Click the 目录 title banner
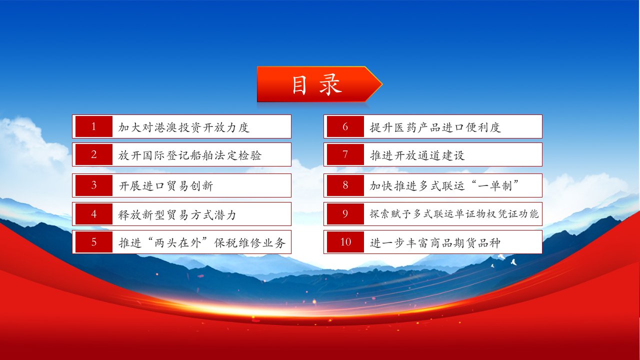tap(319, 84)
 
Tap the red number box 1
tap(93, 126)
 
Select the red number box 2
tap(93, 154)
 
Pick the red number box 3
tap(93, 185)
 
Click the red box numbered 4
tap(93, 214)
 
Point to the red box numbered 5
tap(93, 242)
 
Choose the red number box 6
tap(345, 126)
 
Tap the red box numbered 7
tap(345, 154)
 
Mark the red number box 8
tap(345, 185)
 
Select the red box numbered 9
tap(345, 214)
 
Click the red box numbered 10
tap(345, 242)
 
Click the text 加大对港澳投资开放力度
tap(184, 127)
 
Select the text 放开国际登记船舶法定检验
tap(190, 155)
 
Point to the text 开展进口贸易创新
tap(166, 186)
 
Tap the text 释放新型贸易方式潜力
tap(177, 215)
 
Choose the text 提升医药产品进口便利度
tap(435, 127)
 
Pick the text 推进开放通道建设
tap(417, 155)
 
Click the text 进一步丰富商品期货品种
tap(435, 243)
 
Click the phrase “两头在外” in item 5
tap(178, 242)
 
